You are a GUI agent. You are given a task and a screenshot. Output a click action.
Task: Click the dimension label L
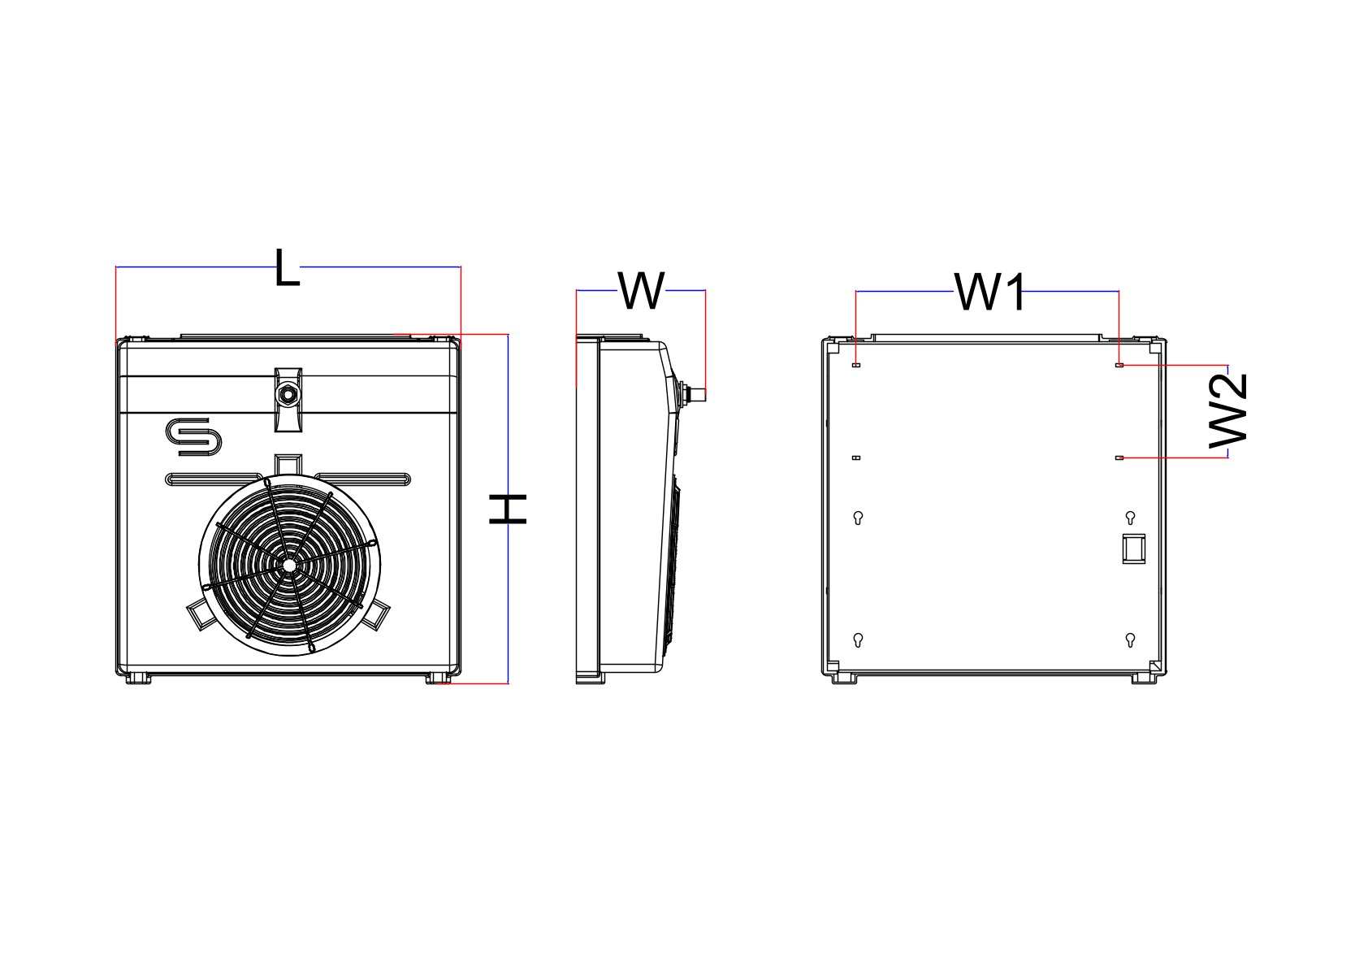287,267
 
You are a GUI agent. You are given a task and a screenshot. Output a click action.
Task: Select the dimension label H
509,509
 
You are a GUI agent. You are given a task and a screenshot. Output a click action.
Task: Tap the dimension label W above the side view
642,291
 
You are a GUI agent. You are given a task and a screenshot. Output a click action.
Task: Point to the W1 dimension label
990,292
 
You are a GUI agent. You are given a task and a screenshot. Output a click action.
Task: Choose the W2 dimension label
1228,410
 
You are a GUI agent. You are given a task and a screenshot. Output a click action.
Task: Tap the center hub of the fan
288,563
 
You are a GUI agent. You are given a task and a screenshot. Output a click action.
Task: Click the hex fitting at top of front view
288,396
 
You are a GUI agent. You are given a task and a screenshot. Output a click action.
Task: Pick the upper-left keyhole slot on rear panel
859,518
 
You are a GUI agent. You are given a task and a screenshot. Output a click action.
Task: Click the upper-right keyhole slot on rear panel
1130,518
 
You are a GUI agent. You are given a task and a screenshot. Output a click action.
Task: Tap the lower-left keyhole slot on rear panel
859,640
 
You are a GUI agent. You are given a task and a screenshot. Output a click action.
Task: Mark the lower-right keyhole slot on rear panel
1130,640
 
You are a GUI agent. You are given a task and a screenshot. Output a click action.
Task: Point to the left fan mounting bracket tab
199,614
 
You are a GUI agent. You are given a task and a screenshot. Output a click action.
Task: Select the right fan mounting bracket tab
376,614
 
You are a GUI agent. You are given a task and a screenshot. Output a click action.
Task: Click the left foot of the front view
138,678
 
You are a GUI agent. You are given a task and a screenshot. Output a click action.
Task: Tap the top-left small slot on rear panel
856,366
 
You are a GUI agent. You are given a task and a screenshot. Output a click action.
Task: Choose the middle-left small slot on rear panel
856,458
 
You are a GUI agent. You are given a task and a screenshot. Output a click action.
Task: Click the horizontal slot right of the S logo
363,479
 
